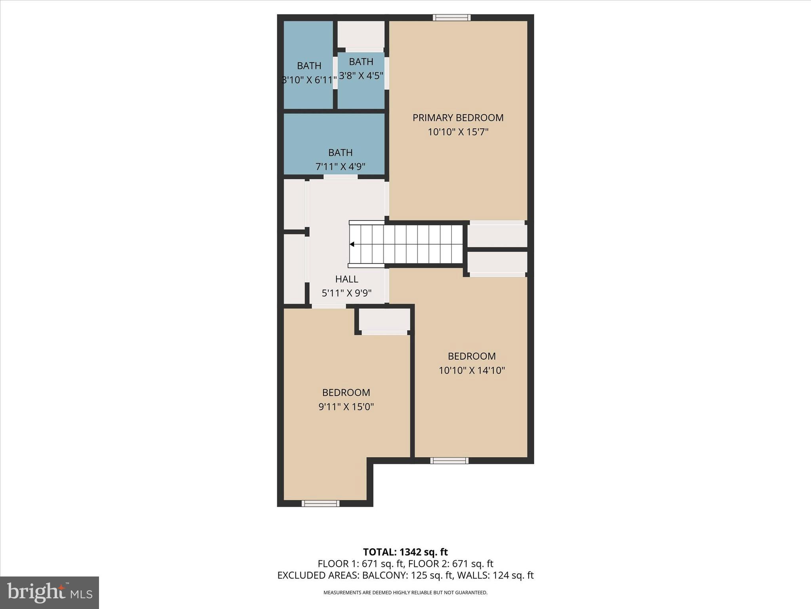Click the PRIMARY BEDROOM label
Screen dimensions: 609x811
(x=458, y=118)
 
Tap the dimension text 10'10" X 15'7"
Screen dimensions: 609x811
(x=458, y=132)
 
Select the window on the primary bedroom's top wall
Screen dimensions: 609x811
(x=451, y=17)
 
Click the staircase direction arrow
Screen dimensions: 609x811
(x=352, y=244)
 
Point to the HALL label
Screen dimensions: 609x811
(x=346, y=279)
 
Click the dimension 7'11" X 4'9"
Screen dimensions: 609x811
(x=340, y=167)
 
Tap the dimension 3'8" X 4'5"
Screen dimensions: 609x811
(x=361, y=76)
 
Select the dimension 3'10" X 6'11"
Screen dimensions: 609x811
(x=309, y=80)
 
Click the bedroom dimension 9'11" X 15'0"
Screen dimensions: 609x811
(x=346, y=407)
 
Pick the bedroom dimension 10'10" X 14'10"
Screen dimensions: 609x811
(x=472, y=370)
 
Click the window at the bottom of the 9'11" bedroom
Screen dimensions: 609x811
(x=320, y=504)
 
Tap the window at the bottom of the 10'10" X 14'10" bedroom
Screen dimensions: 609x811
(x=449, y=460)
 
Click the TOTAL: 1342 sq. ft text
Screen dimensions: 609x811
(x=405, y=552)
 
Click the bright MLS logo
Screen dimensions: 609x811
(x=49, y=592)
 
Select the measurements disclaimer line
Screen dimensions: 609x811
(x=405, y=592)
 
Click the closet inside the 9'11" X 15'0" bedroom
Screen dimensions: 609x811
(x=384, y=320)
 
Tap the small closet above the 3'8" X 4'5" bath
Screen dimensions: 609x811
(x=361, y=34)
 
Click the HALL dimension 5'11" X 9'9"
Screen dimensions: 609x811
(x=346, y=293)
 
